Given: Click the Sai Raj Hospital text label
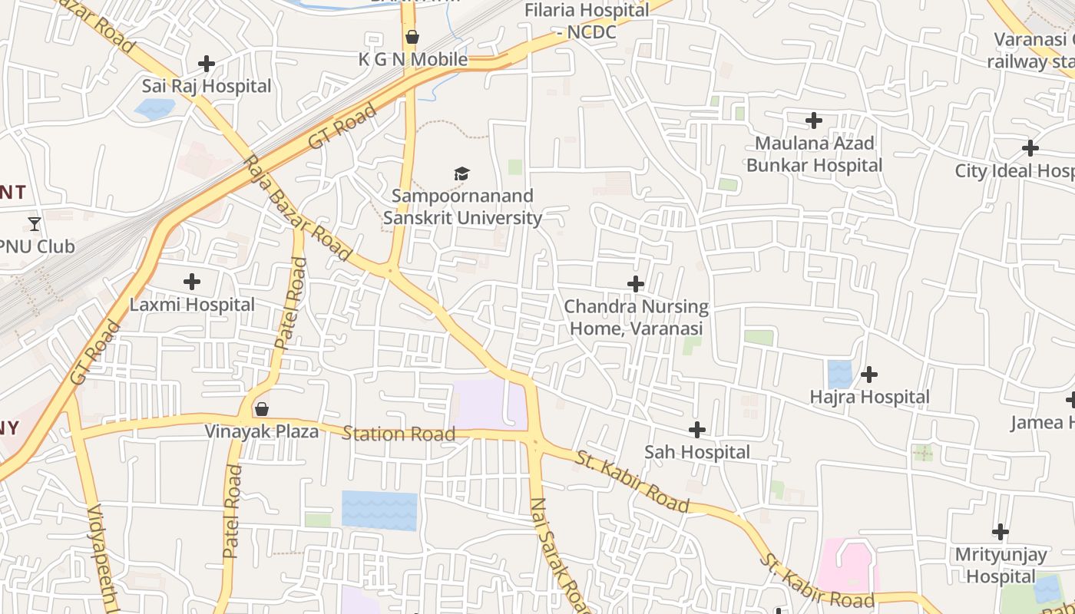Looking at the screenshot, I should (207, 86).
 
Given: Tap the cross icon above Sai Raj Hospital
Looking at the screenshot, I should (207, 64).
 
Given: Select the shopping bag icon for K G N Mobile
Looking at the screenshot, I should (412, 37).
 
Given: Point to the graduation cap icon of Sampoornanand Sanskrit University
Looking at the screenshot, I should (461, 173).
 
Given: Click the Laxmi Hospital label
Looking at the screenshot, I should (192, 305).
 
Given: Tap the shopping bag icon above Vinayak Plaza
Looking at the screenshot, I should (262, 409).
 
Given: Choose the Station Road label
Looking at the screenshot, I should (399, 434).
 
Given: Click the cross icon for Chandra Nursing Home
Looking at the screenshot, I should (636, 284).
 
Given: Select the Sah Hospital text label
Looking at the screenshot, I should (697, 452).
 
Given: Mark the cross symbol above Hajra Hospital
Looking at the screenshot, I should (869, 375).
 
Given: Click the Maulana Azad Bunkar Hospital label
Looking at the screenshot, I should (814, 154).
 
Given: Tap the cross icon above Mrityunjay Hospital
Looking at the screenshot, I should (1001, 531).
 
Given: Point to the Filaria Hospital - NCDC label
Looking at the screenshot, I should (587, 21).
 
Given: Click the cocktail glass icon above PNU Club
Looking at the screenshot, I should (35, 223).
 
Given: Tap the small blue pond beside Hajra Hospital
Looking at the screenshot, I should (839, 374).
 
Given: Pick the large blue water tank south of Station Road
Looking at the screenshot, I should (379, 510).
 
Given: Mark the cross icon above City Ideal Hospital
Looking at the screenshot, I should (1030, 148).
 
